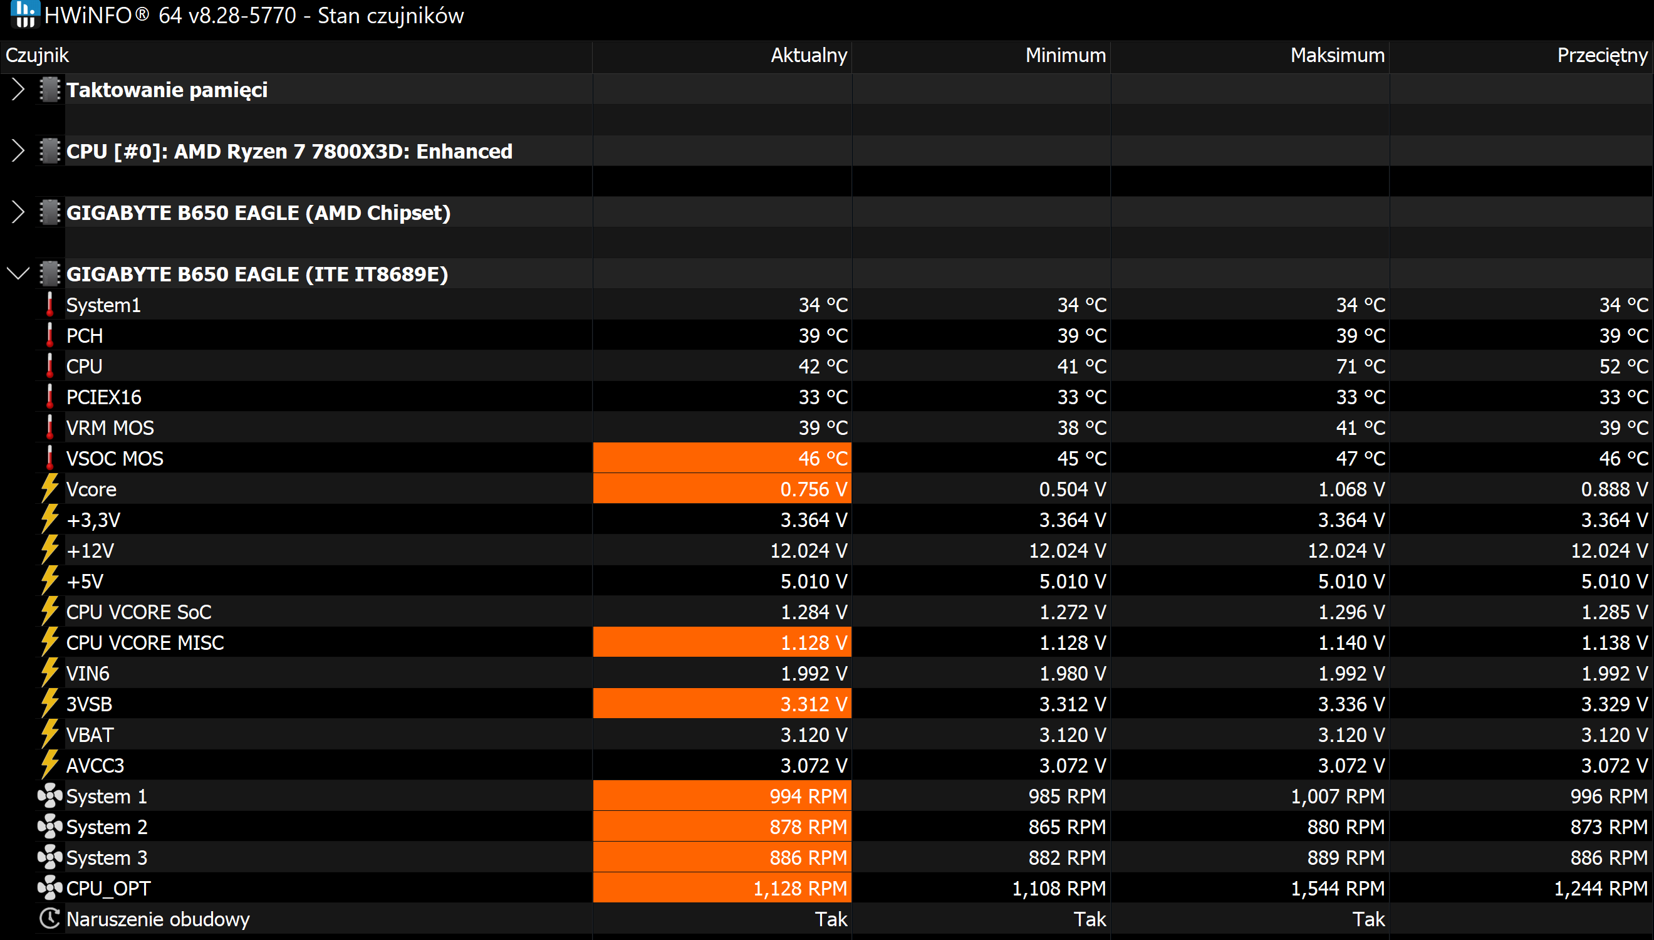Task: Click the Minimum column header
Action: tap(1066, 56)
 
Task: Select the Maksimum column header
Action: tap(1337, 56)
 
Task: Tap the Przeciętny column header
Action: tap(1603, 56)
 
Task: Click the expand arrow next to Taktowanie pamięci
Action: tap(18, 90)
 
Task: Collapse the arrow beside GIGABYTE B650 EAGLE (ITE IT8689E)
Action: tap(18, 274)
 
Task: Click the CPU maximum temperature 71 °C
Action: tap(1360, 366)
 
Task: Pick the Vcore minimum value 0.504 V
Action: tap(1072, 489)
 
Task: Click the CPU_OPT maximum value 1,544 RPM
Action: tap(1337, 889)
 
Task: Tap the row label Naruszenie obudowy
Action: tap(158, 919)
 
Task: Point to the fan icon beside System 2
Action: tap(49, 827)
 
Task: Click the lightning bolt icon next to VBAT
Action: tap(49, 734)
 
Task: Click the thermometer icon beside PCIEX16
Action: tap(49, 397)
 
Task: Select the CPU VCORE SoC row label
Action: tap(138, 612)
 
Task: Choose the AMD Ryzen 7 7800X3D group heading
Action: tap(289, 151)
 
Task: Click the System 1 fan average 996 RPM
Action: tap(1609, 796)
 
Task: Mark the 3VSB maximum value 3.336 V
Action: tap(1351, 704)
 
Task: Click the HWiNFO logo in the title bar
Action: tap(25, 14)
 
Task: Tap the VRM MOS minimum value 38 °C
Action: tap(1081, 427)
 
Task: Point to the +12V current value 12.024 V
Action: tap(809, 550)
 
